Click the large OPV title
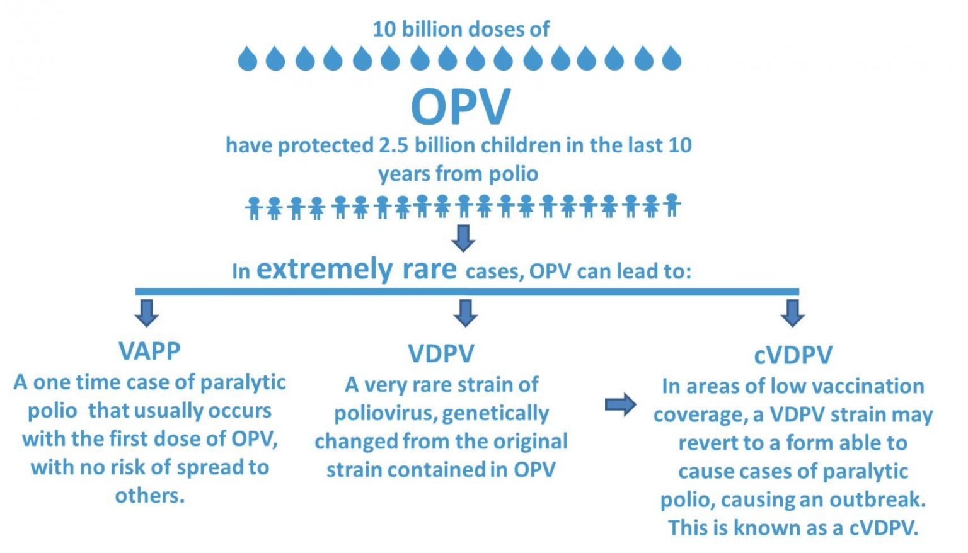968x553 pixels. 461,107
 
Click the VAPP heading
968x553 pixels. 149,351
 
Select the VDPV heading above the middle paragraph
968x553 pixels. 441,353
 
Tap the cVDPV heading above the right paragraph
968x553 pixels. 793,355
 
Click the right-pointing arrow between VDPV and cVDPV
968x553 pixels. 621,404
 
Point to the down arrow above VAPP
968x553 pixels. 146,312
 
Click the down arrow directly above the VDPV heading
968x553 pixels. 465,312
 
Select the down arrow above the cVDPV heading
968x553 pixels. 792,312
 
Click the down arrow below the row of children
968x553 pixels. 463,238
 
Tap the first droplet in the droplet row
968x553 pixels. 248,59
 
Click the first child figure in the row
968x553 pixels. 254,208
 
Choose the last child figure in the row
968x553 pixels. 672,205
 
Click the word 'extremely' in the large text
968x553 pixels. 325,270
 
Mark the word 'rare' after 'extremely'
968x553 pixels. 429,269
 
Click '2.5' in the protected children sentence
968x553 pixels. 393,145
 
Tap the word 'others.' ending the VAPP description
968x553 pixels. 150,496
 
